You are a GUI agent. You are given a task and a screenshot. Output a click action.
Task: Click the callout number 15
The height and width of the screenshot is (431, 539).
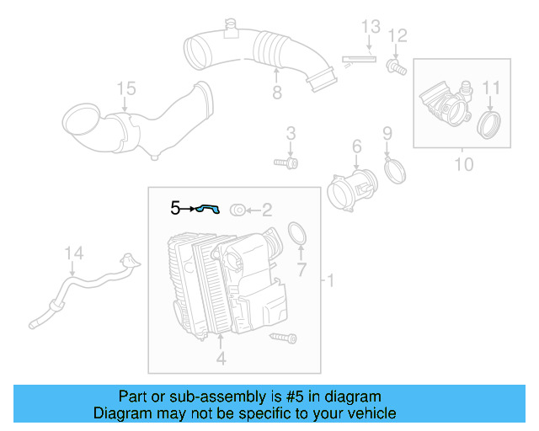(x=125, y=88)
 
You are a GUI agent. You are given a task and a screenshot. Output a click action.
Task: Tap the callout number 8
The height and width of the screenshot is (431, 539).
(x=277, y=93)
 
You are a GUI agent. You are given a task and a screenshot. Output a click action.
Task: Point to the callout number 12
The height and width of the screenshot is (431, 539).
(x=398, y=35)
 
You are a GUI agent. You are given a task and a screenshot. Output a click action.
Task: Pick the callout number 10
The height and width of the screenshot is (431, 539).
(x=464, y=163)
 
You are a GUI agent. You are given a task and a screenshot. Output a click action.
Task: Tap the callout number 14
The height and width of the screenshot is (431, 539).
(x=74, y=252)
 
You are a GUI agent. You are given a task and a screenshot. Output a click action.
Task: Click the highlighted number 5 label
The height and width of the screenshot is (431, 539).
(x=175, y=207)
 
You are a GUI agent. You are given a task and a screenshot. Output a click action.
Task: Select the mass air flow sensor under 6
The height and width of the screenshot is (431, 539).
(x=349, y=190)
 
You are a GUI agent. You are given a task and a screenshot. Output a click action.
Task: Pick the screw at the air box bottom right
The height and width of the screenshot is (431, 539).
(x=283, y=338)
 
